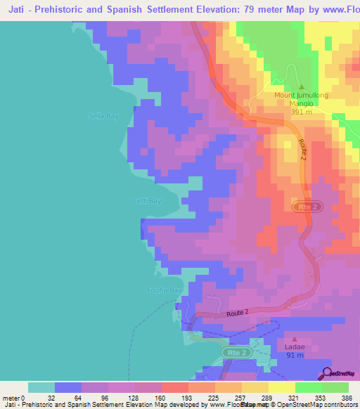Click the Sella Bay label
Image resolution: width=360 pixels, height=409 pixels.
[103, 116]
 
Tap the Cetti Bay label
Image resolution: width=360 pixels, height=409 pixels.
[147, 201]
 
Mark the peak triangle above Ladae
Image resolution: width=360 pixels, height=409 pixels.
[295, 339]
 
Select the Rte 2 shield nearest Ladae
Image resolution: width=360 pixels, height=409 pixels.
[238, 352]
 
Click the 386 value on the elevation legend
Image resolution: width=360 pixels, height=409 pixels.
[347, 398]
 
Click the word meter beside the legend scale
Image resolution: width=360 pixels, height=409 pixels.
[10, 398]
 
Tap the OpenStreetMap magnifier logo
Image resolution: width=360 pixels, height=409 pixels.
[326, 373]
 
